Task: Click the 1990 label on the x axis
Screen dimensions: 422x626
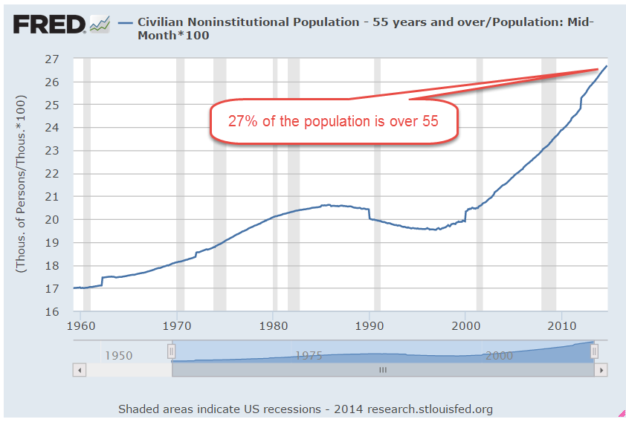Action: tap(370, 325)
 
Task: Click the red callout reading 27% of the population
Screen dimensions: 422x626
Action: tap(333, 120)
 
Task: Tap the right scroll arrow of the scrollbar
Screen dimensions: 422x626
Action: tap(601, 369)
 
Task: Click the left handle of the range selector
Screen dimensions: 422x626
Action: tap(171, 351)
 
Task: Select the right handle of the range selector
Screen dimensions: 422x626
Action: tap(594, 351)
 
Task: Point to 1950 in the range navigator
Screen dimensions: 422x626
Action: tap(118, 355)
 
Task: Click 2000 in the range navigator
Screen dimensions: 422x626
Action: tap(498, 355)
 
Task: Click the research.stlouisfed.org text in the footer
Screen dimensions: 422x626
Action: tap(430, 409)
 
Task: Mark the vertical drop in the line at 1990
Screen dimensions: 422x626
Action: tap(370, 214)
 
